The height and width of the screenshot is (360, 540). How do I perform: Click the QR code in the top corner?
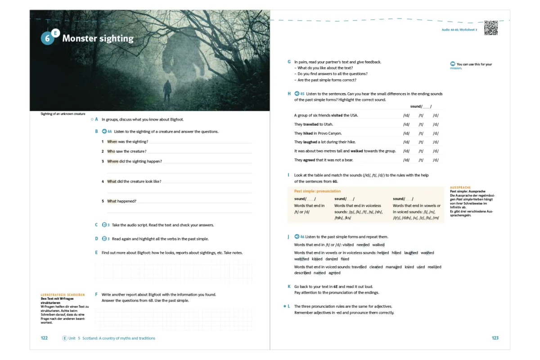pos(491,28)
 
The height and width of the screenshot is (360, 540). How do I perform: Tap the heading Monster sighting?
pos(98,38)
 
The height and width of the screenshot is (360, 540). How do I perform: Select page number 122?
pos(44,338)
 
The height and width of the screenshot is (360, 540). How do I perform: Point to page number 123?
pos(495,338)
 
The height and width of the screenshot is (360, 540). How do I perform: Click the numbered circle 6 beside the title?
pos(47,39)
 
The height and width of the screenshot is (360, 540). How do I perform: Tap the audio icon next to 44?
pos(104,131)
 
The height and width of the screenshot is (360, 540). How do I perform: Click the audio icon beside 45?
pos(296,94)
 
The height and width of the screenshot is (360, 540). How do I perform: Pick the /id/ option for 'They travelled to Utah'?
pos(406,124)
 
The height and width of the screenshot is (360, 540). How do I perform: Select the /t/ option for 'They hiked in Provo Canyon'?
pos(421,133)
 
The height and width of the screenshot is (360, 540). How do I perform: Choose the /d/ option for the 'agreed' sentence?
pos(436,160)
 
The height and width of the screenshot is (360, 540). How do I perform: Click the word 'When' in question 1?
pos(112,142)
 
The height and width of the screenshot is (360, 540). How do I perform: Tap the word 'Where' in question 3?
pos(113,161)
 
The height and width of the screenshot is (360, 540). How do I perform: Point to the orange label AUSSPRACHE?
pos(460,188)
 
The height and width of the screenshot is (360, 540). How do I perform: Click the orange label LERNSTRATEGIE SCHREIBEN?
pos(63,295)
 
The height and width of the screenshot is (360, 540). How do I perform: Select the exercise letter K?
pos(289,286)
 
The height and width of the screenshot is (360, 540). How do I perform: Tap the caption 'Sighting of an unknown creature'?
pos(63,114)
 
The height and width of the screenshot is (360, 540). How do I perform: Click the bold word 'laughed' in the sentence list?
pos(310,142)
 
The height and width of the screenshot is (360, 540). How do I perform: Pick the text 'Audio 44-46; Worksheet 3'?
pos(459,29)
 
